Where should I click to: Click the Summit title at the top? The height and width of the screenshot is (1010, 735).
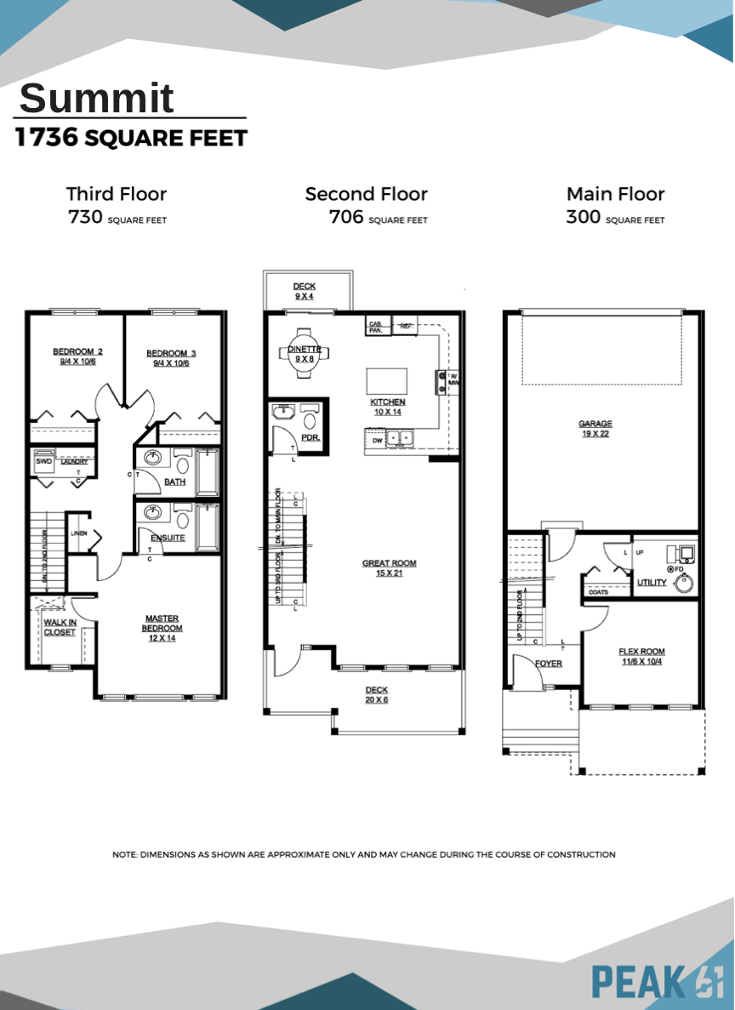pyautogui.click(x=97, y=99)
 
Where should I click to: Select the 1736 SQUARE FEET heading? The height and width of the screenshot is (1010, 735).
pyautogui.click(x=131, y=138)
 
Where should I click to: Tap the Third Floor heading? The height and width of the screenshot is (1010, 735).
pyautogui.click(x=117, y=194)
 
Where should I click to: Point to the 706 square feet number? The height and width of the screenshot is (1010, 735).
pyautogui.click(x=346, y=218)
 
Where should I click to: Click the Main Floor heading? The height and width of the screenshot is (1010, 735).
pyautogui.click(x=615, y=194)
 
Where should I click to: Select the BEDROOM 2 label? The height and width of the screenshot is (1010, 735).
pyautogui.click(x=77, y=352)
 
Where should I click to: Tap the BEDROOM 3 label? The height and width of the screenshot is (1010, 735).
pyautogui.click(x=171, y=353)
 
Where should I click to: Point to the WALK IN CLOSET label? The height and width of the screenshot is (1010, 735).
pyautogui.click(x=60, y=627)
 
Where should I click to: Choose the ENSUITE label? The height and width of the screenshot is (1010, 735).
pyautogui.click(x=168, y=538)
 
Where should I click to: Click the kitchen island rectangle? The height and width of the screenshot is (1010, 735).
pyautogui.click(x=386, y=380)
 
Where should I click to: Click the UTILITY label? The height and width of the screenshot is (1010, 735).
pyautogui.click(x=652, y=583)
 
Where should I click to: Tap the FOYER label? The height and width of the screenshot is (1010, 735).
pyautogui.click(x=548, y=664)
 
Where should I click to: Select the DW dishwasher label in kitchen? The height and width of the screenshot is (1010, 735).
pyautogui.click(x=377, y=441)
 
